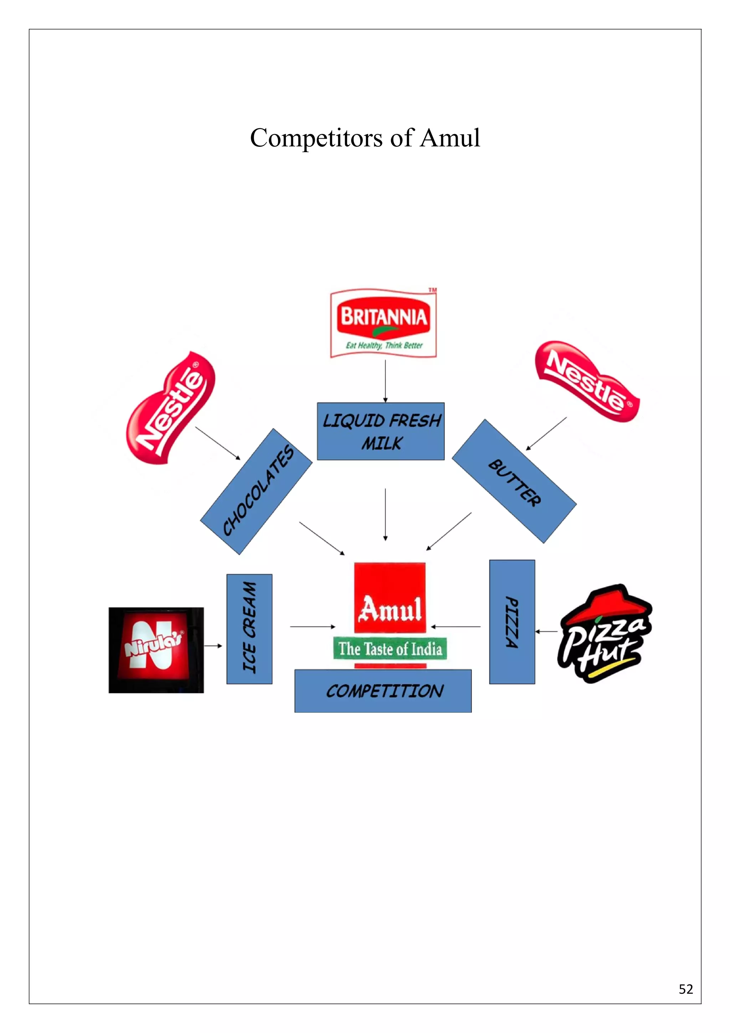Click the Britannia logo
383,323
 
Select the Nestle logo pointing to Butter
586,381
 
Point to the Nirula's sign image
156,650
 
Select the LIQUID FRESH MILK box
381,431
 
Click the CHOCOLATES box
256,491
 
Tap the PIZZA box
512,622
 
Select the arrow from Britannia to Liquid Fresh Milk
385,381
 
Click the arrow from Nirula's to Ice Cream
213,646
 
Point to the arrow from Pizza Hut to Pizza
546,632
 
